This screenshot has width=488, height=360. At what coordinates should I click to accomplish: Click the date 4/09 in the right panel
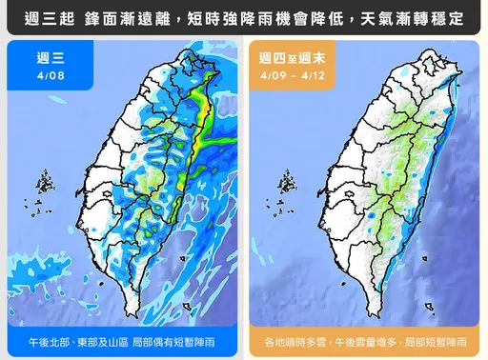(x=273, y=73)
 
